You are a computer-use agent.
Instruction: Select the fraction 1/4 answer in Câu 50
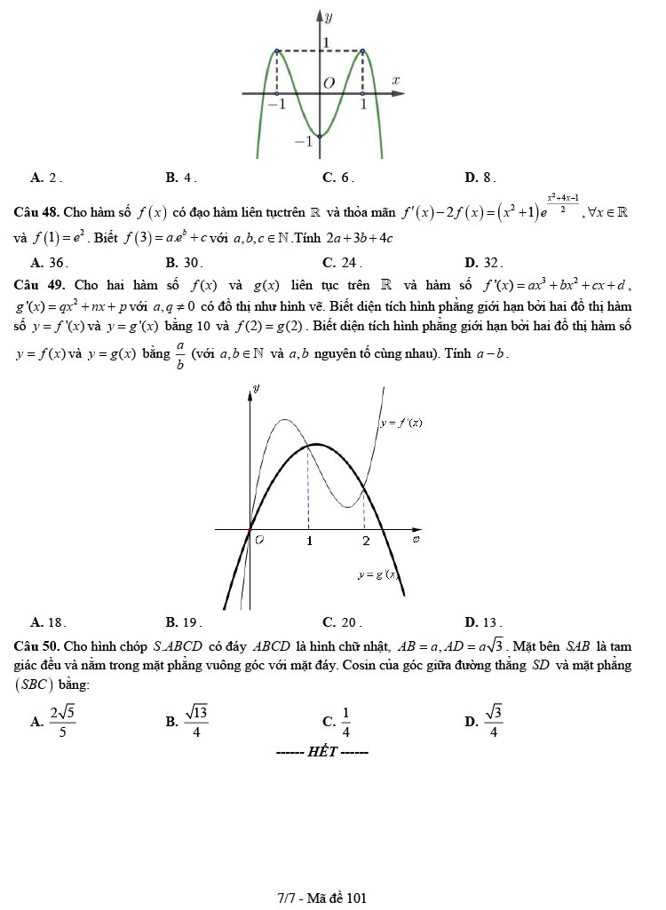pos(345,722)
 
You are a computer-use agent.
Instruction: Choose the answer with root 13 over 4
pos(195,722)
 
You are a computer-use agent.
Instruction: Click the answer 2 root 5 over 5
pos(62,722)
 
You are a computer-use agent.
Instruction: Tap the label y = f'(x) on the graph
pos(400,423)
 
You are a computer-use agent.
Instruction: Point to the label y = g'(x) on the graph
pos(377,575)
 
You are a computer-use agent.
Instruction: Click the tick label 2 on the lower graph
pos(365,541)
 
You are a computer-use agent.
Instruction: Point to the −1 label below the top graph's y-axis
pos(303,140)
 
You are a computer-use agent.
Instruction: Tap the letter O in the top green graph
pos(329,83)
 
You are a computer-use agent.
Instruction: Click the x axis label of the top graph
pos(396,80)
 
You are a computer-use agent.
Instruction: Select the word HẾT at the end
pos(321,753)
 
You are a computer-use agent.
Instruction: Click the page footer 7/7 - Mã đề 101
pos(321,898)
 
